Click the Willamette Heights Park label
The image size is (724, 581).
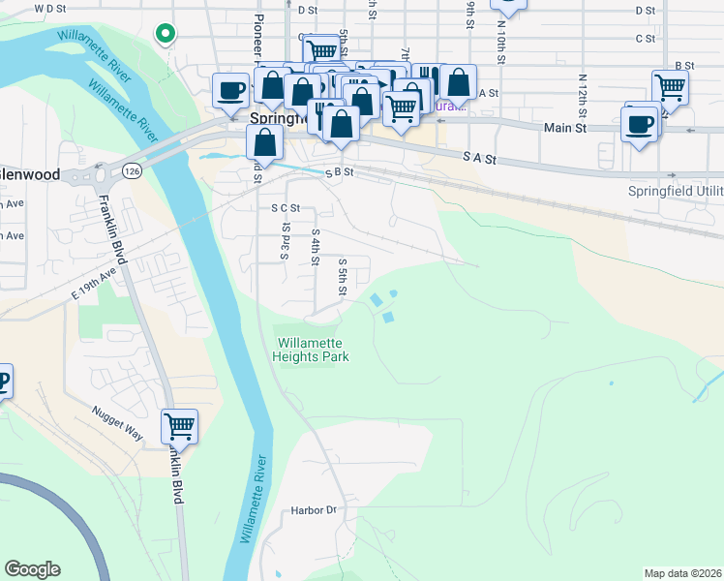pyautogui.click(x=312, y=350)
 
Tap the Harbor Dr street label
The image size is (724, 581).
pyautogui.click(x=313, y=510)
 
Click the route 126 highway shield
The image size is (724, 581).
pyautogui.click(x=132, y=171)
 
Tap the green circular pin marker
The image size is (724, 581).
pyautogui.click(x=166, y=34)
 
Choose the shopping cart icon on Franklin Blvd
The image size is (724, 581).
pyautogui.click(x=179, y=425)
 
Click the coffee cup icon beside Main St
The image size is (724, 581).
pyautogui.click(x=641, y=124)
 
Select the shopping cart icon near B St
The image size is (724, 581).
pyautogui.click(x=670, y=86)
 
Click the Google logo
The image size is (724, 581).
pyautogui.click(x=32, y=569)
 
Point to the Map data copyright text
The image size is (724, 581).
pyautogui.click(x=682, y=573)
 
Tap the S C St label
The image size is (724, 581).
pyautogui.click(x=286, y=207)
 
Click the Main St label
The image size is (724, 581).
pyautogui.click(x=565, y=127)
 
